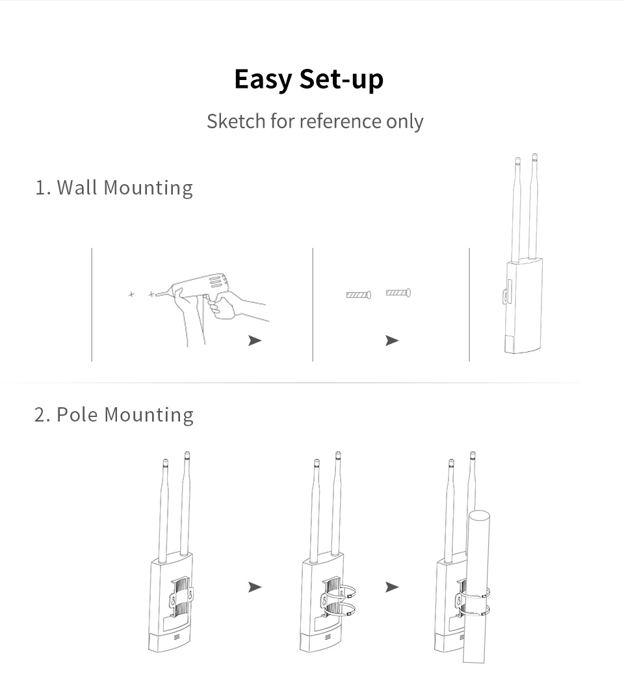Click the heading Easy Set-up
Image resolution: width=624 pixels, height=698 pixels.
click(309, 79)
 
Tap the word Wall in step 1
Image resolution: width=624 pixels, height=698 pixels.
click(77, 187)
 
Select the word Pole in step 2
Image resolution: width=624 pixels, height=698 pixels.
click(77, 414)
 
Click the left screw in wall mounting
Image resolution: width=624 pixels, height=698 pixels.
click(359, 294)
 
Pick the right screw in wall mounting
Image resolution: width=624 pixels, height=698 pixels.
click(398, 293)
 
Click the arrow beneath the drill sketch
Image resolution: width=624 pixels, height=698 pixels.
click(255, 340)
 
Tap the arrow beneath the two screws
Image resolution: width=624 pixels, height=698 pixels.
click(392, 340)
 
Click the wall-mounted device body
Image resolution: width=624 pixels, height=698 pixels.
click(523, 306)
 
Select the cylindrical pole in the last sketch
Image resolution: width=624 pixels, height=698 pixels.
click(476, 587)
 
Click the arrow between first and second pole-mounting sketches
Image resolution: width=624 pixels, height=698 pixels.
click(255, 587)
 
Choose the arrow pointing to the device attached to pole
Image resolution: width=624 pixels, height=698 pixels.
click(392, 587)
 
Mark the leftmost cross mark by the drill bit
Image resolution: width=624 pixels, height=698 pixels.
click(131, 294)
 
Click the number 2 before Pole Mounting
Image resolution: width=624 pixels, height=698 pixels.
click(40, 415)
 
